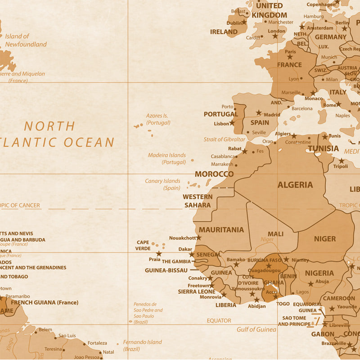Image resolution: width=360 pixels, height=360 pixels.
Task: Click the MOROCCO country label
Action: point(214,174)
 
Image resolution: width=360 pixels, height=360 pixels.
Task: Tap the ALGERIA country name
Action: point(295,184)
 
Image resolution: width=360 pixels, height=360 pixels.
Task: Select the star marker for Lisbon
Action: point(232,122)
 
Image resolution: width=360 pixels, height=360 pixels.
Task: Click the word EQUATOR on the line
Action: point(219,321)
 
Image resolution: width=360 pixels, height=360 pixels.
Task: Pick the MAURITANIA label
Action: point(221,229)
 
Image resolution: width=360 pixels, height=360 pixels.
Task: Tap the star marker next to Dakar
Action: point(192,254)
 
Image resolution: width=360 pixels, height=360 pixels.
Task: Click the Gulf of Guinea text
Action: point(256,329)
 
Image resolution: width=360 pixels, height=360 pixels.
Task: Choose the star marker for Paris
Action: point(290,57)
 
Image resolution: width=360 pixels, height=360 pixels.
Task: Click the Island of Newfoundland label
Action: point(25,40)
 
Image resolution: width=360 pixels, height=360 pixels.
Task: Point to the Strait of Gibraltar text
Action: point(224,139)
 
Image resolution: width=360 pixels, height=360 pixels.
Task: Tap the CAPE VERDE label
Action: point(143,245)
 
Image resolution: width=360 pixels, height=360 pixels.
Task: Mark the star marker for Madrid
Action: point(259,113)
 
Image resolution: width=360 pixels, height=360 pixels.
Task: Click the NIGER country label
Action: point(324,239)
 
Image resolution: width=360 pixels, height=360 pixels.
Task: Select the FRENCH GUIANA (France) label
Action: point(44,302)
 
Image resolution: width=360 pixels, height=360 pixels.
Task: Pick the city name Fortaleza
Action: point(97,343)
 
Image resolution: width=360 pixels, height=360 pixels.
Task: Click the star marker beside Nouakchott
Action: point(199,237)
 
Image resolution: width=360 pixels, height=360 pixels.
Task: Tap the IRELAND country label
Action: point(224,32)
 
